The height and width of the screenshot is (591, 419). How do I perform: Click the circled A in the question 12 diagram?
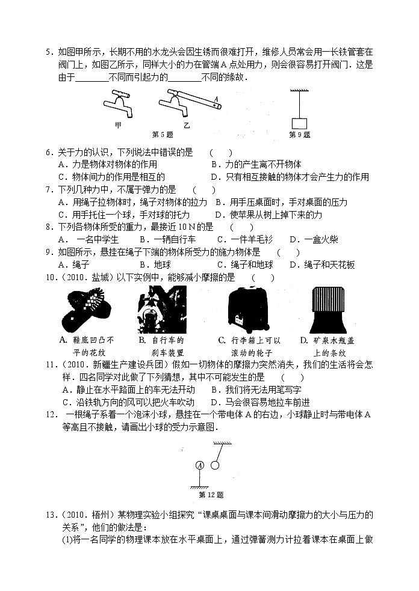(x=199, y=465)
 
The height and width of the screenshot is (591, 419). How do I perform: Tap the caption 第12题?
(x=211, y=495)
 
